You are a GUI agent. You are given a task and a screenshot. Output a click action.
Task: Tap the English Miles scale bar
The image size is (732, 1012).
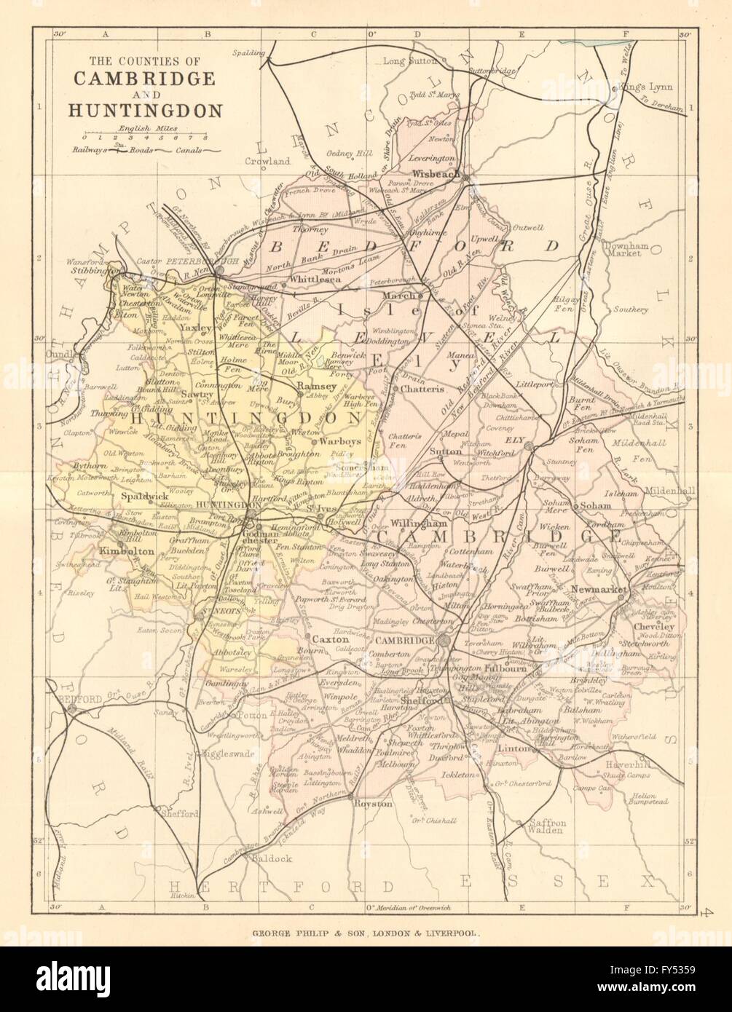[x=144, y=136]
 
